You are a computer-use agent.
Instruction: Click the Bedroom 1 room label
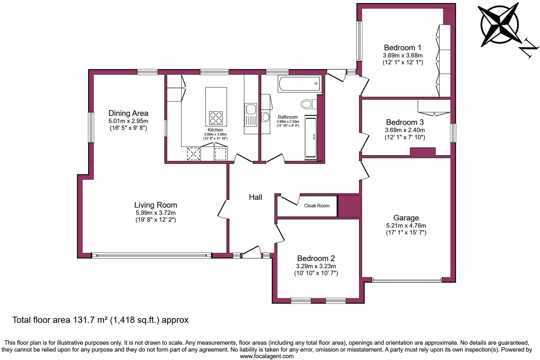[x=402, y=48]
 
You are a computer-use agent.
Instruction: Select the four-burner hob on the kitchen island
[x=216, y=118]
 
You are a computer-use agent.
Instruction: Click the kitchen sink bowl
[x=251, y=109]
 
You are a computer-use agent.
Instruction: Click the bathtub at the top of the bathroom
[x=299, y=83]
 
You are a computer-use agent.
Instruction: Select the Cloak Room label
[x=317, y=205]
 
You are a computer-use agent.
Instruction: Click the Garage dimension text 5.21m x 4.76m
[x=406, y=225]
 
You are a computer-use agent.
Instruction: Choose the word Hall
[x=255, y=197]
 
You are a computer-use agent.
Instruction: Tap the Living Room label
[x=156, y=205]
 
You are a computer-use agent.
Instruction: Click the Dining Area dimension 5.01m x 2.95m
[x=128, y=121]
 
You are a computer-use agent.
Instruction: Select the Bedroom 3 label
[x=405, y=122]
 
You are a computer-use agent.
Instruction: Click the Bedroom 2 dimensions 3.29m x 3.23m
[x=316, y=266]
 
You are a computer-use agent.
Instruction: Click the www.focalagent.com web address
[x=267, y=356]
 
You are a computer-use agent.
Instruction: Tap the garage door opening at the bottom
[x=407, y=280]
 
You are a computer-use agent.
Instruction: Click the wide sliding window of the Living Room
[x=152, y=255]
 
